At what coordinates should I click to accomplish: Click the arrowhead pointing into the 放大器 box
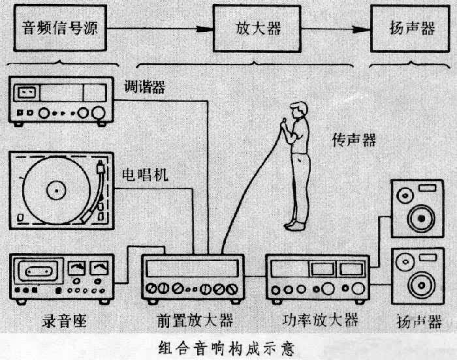[208, 29]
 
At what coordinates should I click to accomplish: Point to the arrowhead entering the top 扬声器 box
[365, 29]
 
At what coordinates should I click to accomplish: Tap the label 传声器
[353, 140]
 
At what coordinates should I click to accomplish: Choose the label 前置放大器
[195, 321]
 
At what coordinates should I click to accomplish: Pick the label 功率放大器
[321, 320]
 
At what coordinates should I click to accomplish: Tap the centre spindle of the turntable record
[56, 190]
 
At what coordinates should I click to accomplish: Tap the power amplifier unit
[316, 278]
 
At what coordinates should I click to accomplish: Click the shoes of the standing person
[295, 225]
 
